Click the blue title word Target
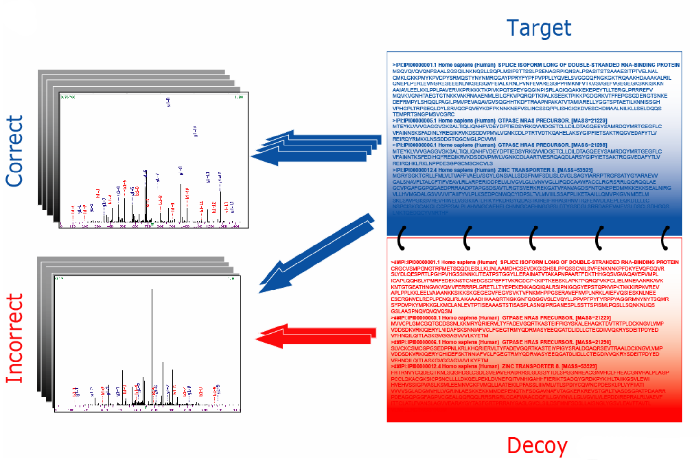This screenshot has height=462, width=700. pyautogui.click(x=539, y=28)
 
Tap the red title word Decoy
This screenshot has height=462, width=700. pyautogui.click(x=537, y=445)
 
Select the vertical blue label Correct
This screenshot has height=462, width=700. pyautogui.click(x=15, y=151)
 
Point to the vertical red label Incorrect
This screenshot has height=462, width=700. pyautogui.click(x=15, y=338)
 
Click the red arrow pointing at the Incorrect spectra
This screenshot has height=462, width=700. pyautogui.click(x=315, y=336)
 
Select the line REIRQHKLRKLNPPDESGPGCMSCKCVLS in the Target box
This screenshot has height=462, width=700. pyautogui.click(x=442, y=163)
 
